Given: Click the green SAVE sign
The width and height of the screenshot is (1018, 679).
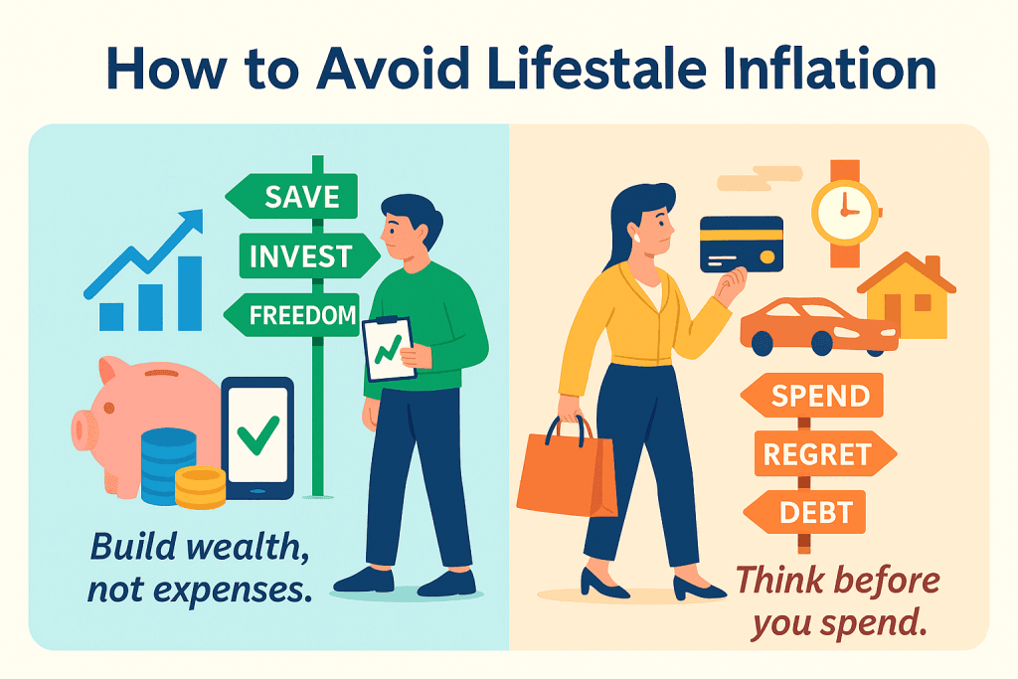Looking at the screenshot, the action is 291,196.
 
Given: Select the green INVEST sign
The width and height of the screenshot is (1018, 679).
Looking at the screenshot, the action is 309,255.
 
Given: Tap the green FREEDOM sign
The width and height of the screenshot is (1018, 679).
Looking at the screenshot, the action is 291,315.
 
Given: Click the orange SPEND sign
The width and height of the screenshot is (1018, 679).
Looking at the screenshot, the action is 812,396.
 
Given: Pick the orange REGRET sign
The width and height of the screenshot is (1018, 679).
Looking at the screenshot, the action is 825,453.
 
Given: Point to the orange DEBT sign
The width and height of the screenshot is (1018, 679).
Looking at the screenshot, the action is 805,512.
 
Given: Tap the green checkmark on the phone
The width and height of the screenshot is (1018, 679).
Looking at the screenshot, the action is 257,434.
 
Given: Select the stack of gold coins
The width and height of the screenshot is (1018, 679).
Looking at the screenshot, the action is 201,487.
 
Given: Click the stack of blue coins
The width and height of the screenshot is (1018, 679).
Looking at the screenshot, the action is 167,465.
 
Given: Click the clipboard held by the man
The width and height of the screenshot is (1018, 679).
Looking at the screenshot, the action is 389,348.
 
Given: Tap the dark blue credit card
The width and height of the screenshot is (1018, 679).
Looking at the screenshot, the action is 742,245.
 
